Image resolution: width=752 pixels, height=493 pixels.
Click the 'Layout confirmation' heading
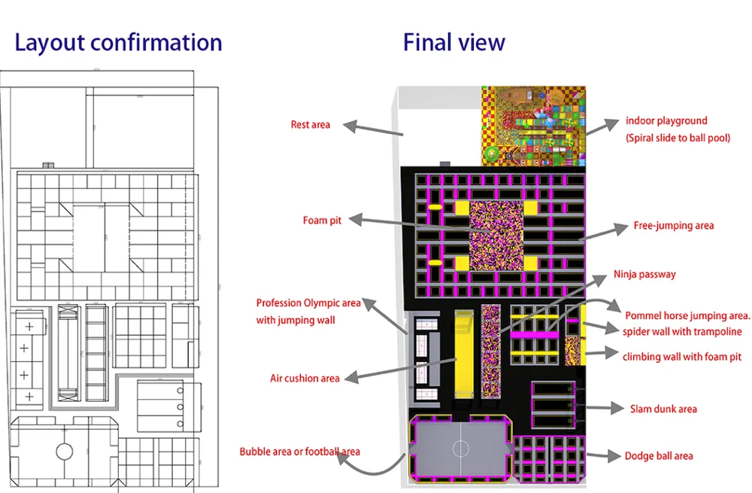point(119,43)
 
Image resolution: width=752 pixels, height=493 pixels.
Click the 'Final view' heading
point(453,42)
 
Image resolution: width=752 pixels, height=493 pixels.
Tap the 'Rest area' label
point(311,125)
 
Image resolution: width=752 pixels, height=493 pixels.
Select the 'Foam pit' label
point(322,221)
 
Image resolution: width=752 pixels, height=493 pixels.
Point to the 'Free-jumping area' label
point(673,226)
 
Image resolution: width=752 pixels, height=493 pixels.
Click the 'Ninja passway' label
point(644,275)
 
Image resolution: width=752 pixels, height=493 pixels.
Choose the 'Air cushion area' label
point(305,379)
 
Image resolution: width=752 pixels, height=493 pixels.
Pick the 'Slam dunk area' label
point(663,409)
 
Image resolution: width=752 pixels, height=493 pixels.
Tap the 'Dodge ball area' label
point(659,456)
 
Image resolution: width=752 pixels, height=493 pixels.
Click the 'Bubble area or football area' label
point(300,452)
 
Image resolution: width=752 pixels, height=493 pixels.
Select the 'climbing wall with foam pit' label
point(682,357)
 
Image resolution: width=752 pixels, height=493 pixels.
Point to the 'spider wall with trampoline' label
point(682,332)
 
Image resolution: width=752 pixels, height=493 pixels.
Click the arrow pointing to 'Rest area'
point(373,129)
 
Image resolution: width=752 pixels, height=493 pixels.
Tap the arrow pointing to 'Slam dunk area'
point(604,408)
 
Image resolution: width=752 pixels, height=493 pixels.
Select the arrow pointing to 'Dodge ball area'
point(605,455)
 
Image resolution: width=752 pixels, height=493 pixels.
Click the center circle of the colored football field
point(461,449)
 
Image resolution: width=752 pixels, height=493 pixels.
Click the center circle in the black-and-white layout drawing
point(65,452)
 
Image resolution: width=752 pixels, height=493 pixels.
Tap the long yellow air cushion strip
point(464,355)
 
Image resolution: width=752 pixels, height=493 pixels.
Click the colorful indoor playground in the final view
point(533,126)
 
